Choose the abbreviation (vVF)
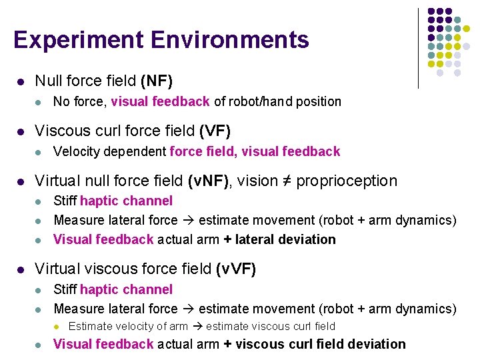tap(236, 269)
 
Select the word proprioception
tap(346, 181)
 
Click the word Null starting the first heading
tap(48, 81)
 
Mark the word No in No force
tap(61, 102)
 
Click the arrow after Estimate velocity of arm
tap(197, 326)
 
